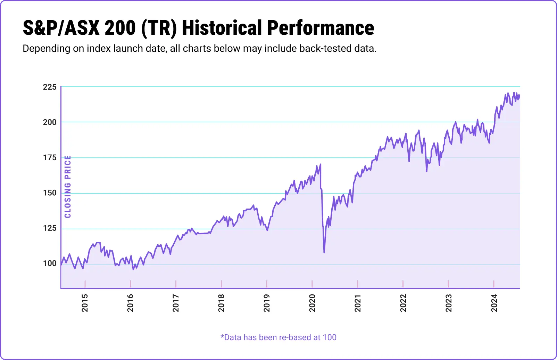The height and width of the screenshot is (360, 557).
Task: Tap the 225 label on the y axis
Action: click(50, 87)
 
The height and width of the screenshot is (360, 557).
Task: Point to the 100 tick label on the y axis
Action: click(50, 263)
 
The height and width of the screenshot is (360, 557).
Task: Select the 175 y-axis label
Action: click(50, 157)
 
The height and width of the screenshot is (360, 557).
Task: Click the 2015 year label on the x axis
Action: click(85, 303)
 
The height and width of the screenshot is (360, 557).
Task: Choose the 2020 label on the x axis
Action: click(312, 303)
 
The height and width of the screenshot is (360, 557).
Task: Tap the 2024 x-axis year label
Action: click(494, 303)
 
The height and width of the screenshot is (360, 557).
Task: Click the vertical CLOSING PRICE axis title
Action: click(68, 187)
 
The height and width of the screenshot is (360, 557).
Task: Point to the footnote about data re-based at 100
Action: click(278, 337)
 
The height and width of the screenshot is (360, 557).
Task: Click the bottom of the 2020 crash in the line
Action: click(324, 252)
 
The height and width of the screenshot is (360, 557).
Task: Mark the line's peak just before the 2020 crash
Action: click(320, 164)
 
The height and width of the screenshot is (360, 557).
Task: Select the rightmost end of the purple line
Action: click(519, 98)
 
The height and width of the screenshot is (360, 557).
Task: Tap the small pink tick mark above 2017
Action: click(176, 284)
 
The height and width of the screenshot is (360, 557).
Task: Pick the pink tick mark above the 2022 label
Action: click(403, 284)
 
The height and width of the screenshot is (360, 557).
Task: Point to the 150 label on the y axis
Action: click(50, 193)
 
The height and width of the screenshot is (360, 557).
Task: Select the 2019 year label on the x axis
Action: click(267, 303)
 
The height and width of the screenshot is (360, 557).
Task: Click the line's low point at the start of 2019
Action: click(267, 230)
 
